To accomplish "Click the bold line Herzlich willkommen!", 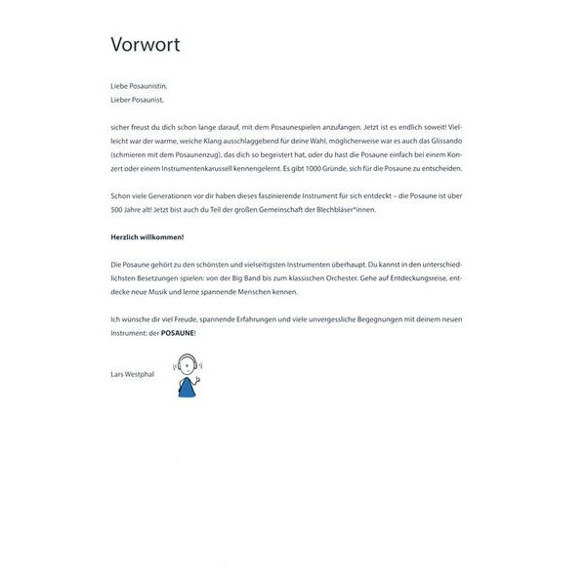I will click(x=146, y=237).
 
